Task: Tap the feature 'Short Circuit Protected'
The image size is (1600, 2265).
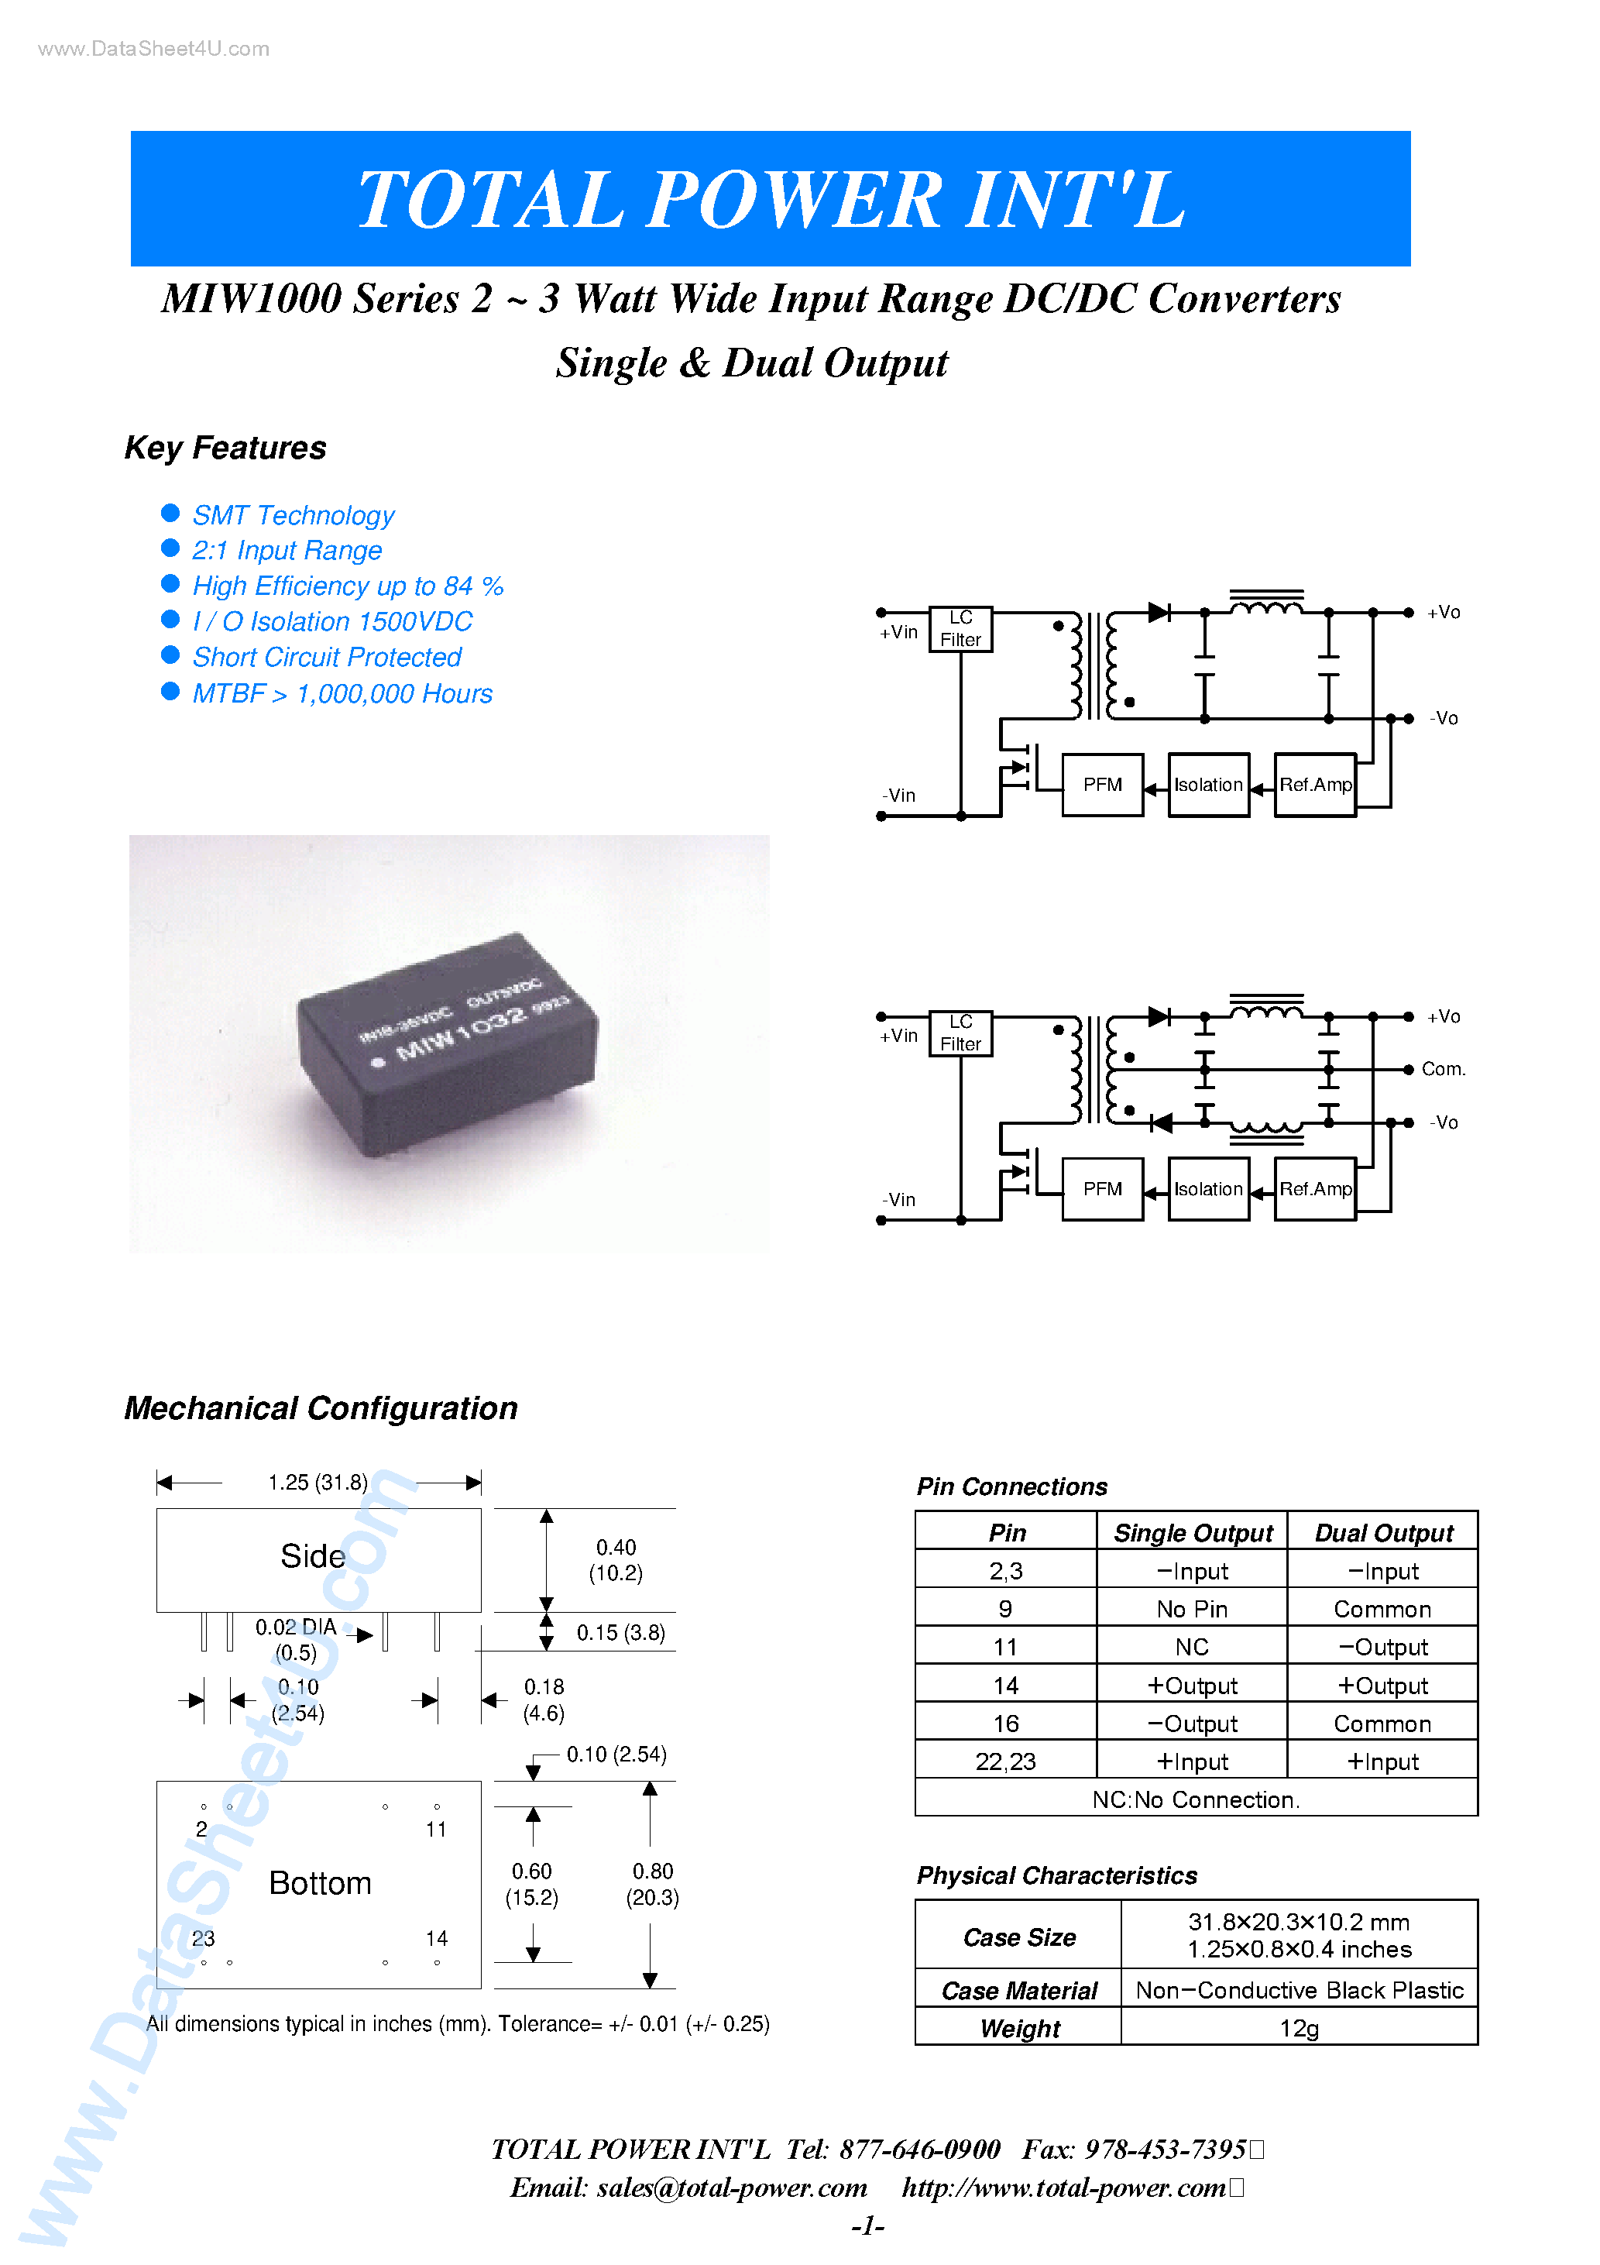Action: click(x=327, y=657)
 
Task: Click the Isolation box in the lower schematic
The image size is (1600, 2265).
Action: click(x=1207, y=1189)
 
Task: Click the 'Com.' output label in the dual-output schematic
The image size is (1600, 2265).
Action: click(x=1442, y=1068)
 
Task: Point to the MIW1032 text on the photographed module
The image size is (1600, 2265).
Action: click(x=462, y=1031)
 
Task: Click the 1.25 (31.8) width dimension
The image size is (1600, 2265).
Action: click(x=318, y=1482)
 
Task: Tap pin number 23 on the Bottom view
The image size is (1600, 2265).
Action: click(x=203, y=1937)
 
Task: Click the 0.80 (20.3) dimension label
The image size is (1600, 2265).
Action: click(x=652, y=1883)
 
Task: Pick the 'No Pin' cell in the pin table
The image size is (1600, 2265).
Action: click(x=1192, y=1609)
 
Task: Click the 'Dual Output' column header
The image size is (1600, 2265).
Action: click(x=1383, y=1532)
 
